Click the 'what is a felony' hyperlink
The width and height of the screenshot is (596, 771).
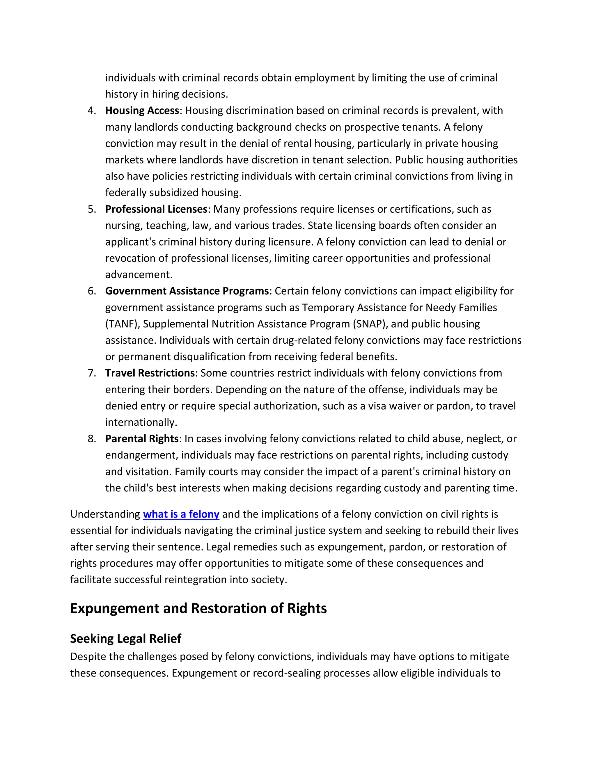[x=181, y=514]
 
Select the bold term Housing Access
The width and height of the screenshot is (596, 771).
[x=142, y=111]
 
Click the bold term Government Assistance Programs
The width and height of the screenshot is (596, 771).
[x=187, y=291]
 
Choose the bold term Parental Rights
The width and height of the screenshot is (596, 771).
[x=142, y=438]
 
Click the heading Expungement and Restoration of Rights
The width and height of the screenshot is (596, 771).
[x=198, y=608]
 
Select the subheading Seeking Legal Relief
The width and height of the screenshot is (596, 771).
[x=126, y=638]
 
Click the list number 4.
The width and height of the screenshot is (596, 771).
[x=92, y=111]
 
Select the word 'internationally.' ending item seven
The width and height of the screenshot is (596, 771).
[x=141, y=422]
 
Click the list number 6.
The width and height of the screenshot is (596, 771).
[x=92, y=291]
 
